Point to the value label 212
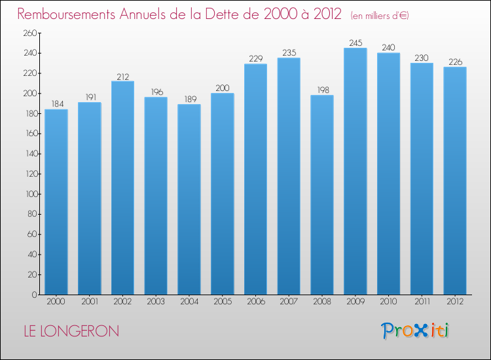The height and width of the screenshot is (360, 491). (x=122, y=76)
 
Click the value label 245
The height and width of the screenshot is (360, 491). (x=355, y=43)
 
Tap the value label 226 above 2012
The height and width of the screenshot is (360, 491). (x=454, y=62)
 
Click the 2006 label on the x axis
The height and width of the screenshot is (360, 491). (x=255, y=302)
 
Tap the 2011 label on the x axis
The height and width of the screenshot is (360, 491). (x=422, y=302)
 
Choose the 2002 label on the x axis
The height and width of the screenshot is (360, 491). (x=122, y=302)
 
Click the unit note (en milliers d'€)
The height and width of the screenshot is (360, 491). (x=380, y=16)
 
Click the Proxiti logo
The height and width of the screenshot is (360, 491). (x=415, y=331)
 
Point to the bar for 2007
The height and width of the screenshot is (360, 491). (x=289, y=176)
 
